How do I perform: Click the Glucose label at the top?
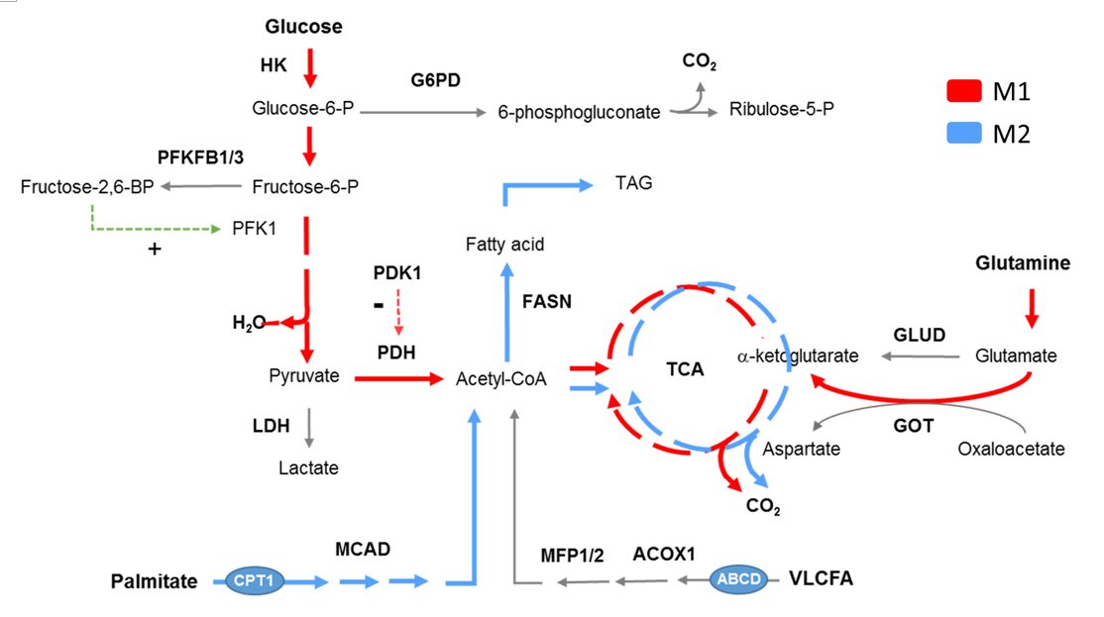(303, 28)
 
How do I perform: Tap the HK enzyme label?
(273, 64)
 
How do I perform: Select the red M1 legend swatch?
(963, 92)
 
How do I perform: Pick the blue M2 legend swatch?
(963, 133)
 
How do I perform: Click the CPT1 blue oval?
(254, 580)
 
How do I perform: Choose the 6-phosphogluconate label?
(579, 113)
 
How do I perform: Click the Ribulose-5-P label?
(782, 108)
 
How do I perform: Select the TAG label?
(633, 183)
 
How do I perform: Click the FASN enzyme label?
(547, 302)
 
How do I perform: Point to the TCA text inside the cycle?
(685, 368)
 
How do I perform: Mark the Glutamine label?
(1023, 263)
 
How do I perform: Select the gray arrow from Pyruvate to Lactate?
(310, 427)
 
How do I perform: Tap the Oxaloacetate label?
(1011, 449)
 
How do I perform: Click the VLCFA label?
(821, 578)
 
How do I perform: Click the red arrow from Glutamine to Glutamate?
(1032, 308)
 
